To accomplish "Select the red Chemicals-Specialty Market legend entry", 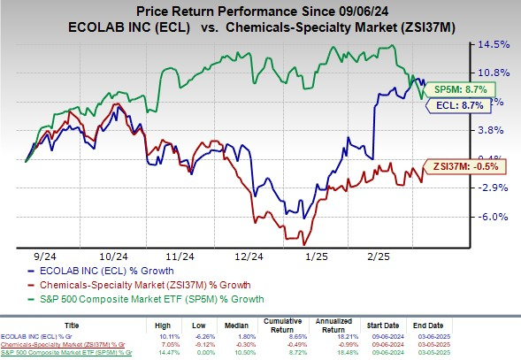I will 127,285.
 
